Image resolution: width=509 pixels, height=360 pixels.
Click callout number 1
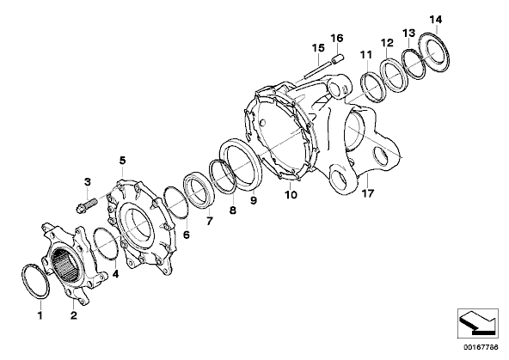tap(40, 315)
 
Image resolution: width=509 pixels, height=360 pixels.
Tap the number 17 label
tap(368, 193)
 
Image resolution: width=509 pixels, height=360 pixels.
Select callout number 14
tap(436, 20)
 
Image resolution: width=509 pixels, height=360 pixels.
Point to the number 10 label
tap(291, 194)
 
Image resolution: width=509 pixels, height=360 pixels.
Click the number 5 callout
tap(122, 160)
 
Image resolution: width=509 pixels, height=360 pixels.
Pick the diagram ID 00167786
tap(481, 347)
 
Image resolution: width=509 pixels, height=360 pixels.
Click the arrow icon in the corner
tap(477, 322)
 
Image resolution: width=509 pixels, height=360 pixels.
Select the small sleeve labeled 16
tap(338, 60)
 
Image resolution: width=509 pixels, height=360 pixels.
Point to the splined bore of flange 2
tap(66, 262)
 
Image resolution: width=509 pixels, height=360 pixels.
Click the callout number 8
tap(233, 211)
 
